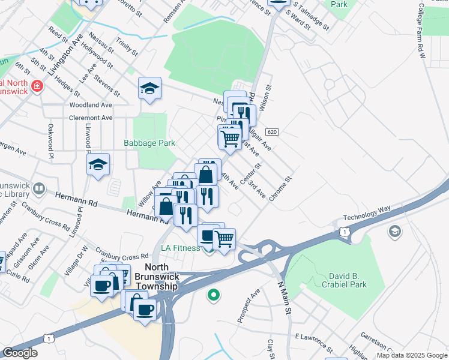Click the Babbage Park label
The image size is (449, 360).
[149, 143]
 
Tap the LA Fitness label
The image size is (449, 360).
[180, 248]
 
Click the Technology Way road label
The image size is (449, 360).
[367, 213]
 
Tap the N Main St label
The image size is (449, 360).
[285, 298]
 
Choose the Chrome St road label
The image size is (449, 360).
[281, 188]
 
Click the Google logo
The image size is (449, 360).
[20, 353]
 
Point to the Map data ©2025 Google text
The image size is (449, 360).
[411, 355]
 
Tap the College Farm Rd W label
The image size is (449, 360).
[421, 30]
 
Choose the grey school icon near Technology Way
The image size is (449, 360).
[394, 232]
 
